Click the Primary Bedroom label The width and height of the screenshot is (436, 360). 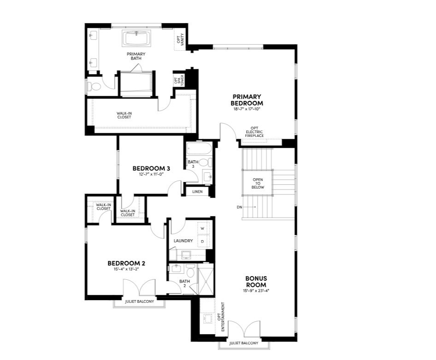point(247,100)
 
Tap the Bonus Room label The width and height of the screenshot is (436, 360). point(256,281)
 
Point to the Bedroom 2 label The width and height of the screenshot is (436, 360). point(126,263)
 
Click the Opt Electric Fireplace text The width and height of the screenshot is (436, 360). point(254,132)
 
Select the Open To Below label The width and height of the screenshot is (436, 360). point(258,183)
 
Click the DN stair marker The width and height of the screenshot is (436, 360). point(239,207)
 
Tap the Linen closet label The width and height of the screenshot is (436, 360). point(198,190)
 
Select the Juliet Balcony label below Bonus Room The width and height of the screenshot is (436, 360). point(244,343)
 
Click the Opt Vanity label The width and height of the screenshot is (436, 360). point(180,40)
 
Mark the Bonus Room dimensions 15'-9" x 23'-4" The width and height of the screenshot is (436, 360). point(256,291)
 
